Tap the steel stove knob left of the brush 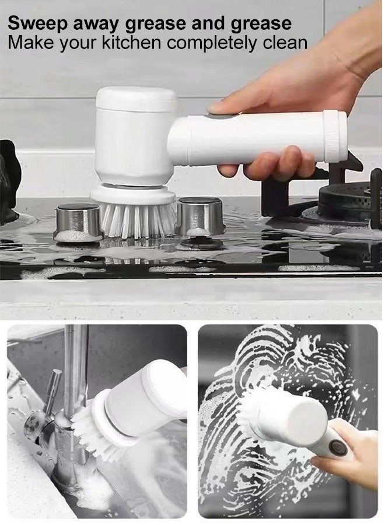point(78,221)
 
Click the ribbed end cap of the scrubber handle point(335,136)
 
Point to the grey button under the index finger point(219,116)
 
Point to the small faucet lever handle point(52,388)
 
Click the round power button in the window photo point(337,447)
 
